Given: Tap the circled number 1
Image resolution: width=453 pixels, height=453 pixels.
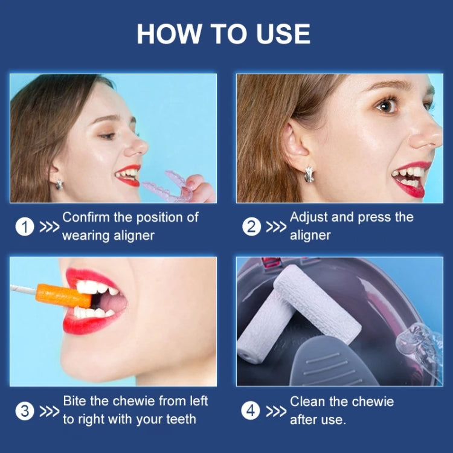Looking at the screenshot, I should [x=24, y=227].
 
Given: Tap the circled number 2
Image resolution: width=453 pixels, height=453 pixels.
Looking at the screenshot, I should [x=251, y=227].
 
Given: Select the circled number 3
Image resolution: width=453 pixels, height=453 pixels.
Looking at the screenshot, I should [x=24, y=411].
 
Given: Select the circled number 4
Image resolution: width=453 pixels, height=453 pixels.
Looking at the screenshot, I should [x=251, y=411].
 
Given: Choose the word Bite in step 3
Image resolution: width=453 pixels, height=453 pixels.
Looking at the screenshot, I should [x=74, y=401].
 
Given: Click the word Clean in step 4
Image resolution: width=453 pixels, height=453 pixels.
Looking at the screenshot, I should [x=308, y=401].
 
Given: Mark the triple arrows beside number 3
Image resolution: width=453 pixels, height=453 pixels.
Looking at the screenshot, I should [x=50, y=411].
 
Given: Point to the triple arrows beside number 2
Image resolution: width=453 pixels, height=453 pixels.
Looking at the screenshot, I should [x=277, y=227].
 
